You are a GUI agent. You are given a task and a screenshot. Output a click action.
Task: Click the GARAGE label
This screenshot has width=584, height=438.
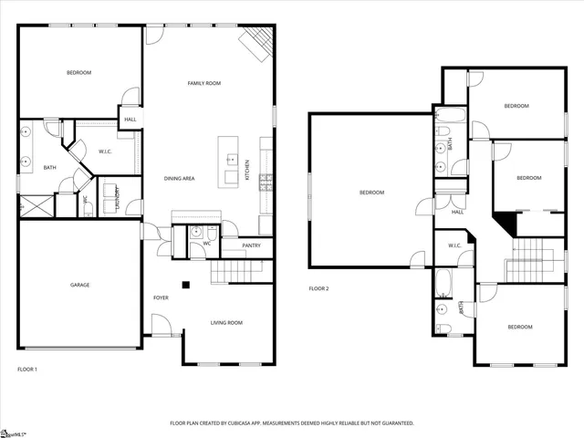coord(80,285)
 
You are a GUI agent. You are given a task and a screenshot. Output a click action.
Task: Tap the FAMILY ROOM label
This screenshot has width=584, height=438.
coord(204,83)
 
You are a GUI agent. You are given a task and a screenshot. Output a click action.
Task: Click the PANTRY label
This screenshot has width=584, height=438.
coord(252,245)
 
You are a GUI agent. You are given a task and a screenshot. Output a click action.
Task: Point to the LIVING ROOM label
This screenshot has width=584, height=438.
coord(226,322)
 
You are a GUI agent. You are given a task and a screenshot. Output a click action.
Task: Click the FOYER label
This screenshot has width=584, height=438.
coord(161,297)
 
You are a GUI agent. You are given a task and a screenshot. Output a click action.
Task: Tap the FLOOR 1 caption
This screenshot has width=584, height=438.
coord(27,369)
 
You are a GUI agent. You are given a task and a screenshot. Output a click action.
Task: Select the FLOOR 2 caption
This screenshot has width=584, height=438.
coord(318,288)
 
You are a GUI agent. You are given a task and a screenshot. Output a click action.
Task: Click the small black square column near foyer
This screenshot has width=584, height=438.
coord(185,284)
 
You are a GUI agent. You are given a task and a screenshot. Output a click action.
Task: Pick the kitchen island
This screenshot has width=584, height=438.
coord(228,162)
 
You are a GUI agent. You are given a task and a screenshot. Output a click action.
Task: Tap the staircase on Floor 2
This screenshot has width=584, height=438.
coord(535,259)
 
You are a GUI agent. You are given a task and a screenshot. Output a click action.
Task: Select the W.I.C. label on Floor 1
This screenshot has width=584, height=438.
coord(105,151)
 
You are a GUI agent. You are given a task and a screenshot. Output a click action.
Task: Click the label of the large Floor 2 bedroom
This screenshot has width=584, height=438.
coord(371,193)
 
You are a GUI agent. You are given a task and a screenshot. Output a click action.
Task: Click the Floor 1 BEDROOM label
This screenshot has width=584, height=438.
coord(78,72)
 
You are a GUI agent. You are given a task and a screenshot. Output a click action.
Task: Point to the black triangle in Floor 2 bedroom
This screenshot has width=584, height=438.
coord(503,219)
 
